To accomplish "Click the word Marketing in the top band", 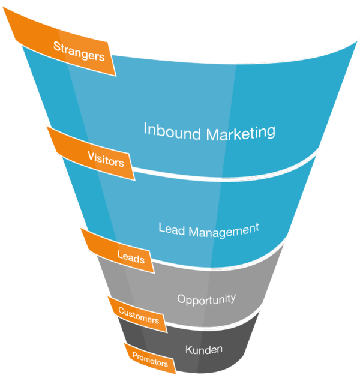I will [241, 132].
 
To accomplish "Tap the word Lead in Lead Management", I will [170, 229].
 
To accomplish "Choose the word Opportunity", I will [206, 298].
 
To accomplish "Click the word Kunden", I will [204, 349].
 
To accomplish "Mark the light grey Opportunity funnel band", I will [240, 282].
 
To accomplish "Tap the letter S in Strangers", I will [57, 46].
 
